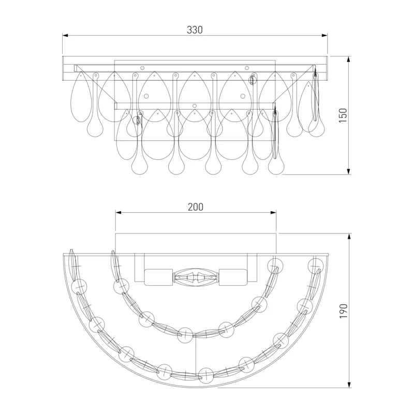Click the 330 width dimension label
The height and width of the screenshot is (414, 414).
195,30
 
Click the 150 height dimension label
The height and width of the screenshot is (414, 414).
343,115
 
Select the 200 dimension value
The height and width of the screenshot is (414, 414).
196,207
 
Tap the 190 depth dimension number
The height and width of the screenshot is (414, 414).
343,311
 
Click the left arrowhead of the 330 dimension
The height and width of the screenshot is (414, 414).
65,35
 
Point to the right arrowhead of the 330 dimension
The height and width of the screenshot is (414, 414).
324,35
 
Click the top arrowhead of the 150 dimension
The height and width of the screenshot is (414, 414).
349,59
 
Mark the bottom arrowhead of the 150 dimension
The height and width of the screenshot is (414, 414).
349,171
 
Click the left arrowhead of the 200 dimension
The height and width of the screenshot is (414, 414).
119,213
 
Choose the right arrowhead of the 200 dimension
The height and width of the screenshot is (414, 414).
273,213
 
